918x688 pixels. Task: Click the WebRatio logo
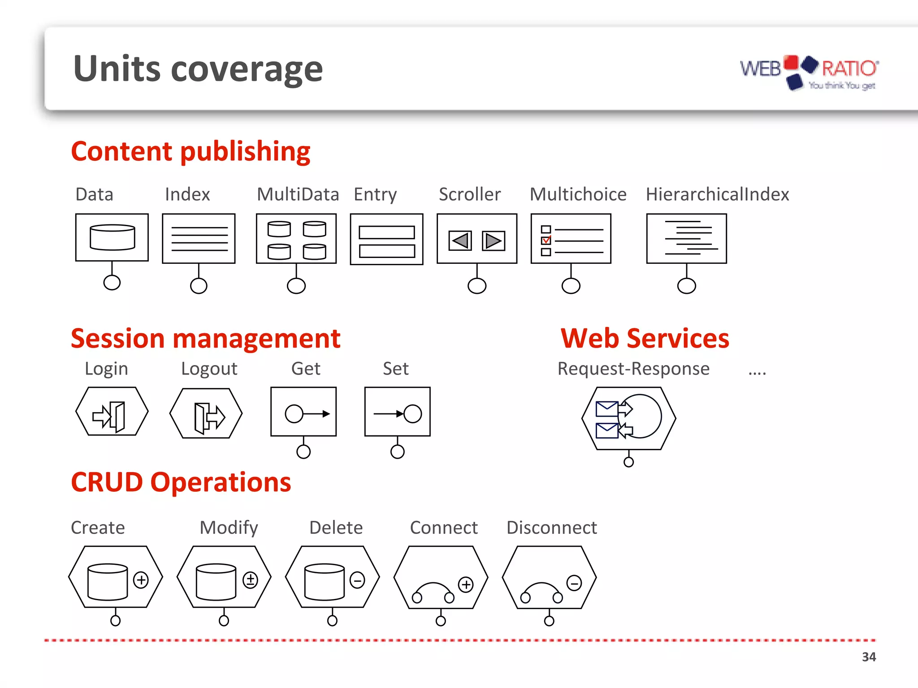(x=809, y=73)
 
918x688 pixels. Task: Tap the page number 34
(x=869, y=657)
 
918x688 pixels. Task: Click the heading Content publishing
(x=191, y=151)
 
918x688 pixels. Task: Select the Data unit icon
(x=112, y=237)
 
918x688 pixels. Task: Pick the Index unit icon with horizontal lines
(x=199, y=239)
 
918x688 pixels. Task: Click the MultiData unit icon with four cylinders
(x=296, y=239)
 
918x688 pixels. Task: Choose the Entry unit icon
(x=386, y=239)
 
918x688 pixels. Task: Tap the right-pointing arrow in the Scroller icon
(x=494, y=241)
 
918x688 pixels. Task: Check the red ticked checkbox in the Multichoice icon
(x=546, y=241)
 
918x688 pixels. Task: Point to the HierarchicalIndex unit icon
(x=686, y=239)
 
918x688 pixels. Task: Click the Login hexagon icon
(x=112, y=412)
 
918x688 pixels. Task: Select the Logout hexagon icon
(x=206, y=413)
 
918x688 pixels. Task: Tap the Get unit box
(x=303, y=412)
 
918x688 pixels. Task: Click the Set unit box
(x=398, y=412)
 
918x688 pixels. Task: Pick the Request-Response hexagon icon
(x=628, y=418)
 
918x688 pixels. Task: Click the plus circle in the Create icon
(x=141, y=580)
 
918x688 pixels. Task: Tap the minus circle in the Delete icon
(x=357, y=580)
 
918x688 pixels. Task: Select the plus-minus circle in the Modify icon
(x=250, y=580)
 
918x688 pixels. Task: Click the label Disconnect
(x=551, y=528)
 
